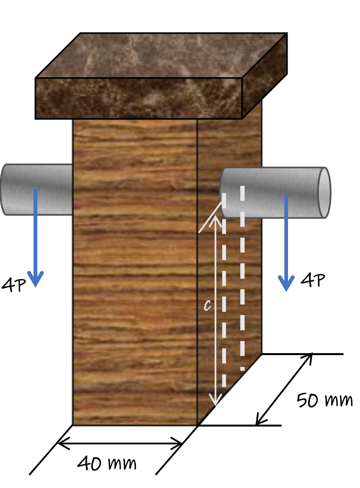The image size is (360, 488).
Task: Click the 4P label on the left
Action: [13, 285]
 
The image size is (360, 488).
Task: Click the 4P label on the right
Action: [313, 280]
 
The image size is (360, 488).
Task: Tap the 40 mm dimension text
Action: [107, 463]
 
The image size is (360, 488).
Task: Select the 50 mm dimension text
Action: [324, 400]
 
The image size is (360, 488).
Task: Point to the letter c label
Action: [207, 305]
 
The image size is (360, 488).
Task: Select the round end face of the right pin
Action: [324, 193]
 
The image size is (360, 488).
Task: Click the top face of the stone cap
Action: [162, 55]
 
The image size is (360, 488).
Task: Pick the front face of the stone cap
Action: [138, 98]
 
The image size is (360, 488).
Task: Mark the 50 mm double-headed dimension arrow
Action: [284, 389]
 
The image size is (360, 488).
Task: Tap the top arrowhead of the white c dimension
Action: [216, 219]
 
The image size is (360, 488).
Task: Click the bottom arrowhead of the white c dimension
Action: [216, 401]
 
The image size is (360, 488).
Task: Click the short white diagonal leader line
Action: [210, 218]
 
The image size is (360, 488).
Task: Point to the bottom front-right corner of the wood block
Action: [197, 425]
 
